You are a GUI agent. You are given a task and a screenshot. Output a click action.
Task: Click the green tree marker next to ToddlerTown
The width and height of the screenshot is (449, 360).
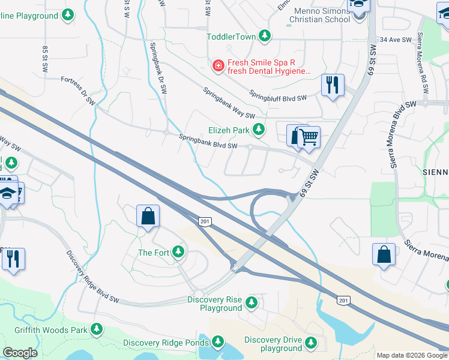(x=265, y=37)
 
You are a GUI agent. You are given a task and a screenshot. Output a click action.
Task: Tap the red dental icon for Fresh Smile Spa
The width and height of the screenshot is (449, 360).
(x=219, y=65)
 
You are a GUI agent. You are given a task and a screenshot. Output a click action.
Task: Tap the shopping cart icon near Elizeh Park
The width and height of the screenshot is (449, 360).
(x=309, y=137)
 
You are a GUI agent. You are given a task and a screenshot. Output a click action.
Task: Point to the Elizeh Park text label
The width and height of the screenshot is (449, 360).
(x=228, y=130)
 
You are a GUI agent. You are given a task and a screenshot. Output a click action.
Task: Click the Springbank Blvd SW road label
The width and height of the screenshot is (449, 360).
(x=208, y=142)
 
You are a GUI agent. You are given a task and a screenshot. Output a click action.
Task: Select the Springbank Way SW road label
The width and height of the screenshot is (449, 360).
(x=229, y=103)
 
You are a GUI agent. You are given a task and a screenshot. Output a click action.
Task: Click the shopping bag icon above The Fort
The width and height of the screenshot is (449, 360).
(x=148, y=217)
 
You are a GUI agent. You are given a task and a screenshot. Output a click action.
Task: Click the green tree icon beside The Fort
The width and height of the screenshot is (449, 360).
(x=178, y=252)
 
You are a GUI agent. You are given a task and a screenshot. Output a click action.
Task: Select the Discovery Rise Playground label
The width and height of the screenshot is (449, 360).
(x=214, y=304)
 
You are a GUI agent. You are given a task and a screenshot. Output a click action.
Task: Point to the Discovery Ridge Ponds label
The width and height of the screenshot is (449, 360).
(x=166, y=343)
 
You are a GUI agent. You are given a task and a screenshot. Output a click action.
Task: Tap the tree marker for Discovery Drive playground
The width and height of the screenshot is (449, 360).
(x=310, y=343)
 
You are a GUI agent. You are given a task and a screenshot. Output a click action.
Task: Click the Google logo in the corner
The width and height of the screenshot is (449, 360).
(x=20, y=353)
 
